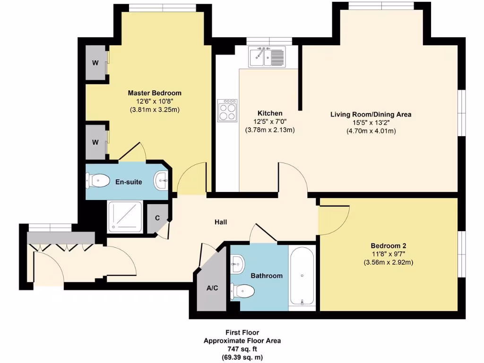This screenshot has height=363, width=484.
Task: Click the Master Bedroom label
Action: pyautogui.click(x=155, y=93)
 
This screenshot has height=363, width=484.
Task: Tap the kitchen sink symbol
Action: pyautogui.click(x=267, y=58)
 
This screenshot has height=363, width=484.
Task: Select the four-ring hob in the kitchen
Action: pyautogui.click(x=227, y=112)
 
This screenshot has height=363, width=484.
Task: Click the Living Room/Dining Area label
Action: pyautogui.click(x=371, y=114)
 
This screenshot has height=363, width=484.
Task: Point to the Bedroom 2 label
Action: pyautogui.click(x=389, y=246)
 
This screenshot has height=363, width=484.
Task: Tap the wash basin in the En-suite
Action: pyautogui.click(x=161, y=180)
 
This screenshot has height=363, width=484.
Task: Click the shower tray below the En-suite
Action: pyautogui.click(x=125, y=216)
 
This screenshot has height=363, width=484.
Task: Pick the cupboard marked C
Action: pyautogui.click(x=157, y=218)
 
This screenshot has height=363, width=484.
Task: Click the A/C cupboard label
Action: pyautogui.click(x=212, y=288)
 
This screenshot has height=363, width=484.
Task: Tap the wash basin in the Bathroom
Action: pyautogui.click(x=238, y=263)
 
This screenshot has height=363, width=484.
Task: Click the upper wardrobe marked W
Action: pyautogui.click(x=95, y=63)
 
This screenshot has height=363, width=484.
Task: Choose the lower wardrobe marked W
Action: pyautogui.click(x=95, y=142)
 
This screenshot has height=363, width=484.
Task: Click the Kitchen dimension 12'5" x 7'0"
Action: pyautogui.click(x=270, y=122)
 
